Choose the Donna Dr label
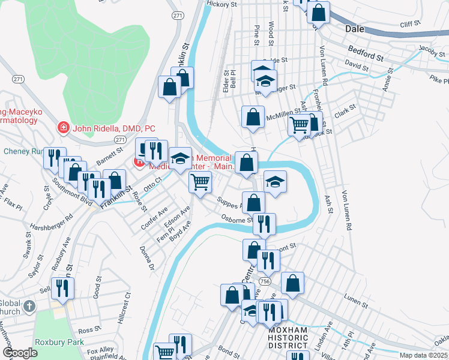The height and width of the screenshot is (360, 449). (x=146, y=257)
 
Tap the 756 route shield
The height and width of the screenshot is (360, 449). (x=264, y=281)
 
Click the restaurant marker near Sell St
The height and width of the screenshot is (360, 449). (x=62, y=289)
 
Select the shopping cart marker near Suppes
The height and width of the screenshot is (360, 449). (x=200, y=182)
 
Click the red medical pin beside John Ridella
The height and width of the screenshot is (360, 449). (x=62, y=127)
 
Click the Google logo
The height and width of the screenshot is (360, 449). (x=20, y=353)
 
